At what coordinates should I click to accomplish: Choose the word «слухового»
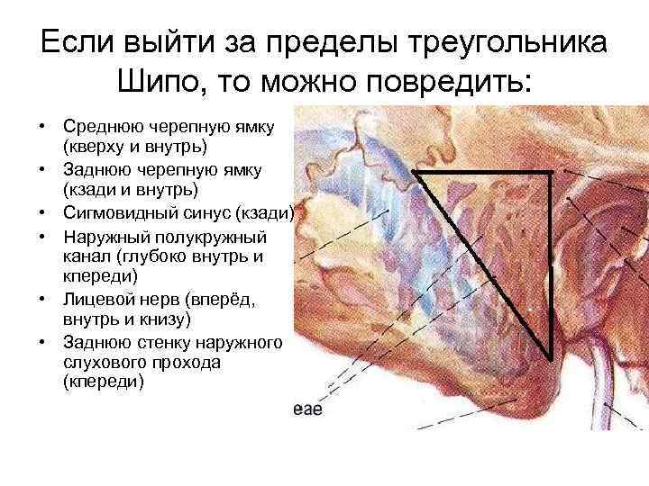(x=100, y=363)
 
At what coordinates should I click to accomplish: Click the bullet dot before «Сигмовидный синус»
(x=42, y=213)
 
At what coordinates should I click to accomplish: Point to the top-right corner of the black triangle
(x=550, y=171)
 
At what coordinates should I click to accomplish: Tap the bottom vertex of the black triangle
(x=550, y=357)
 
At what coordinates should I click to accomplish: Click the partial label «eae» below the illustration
(x=307, y=410)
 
